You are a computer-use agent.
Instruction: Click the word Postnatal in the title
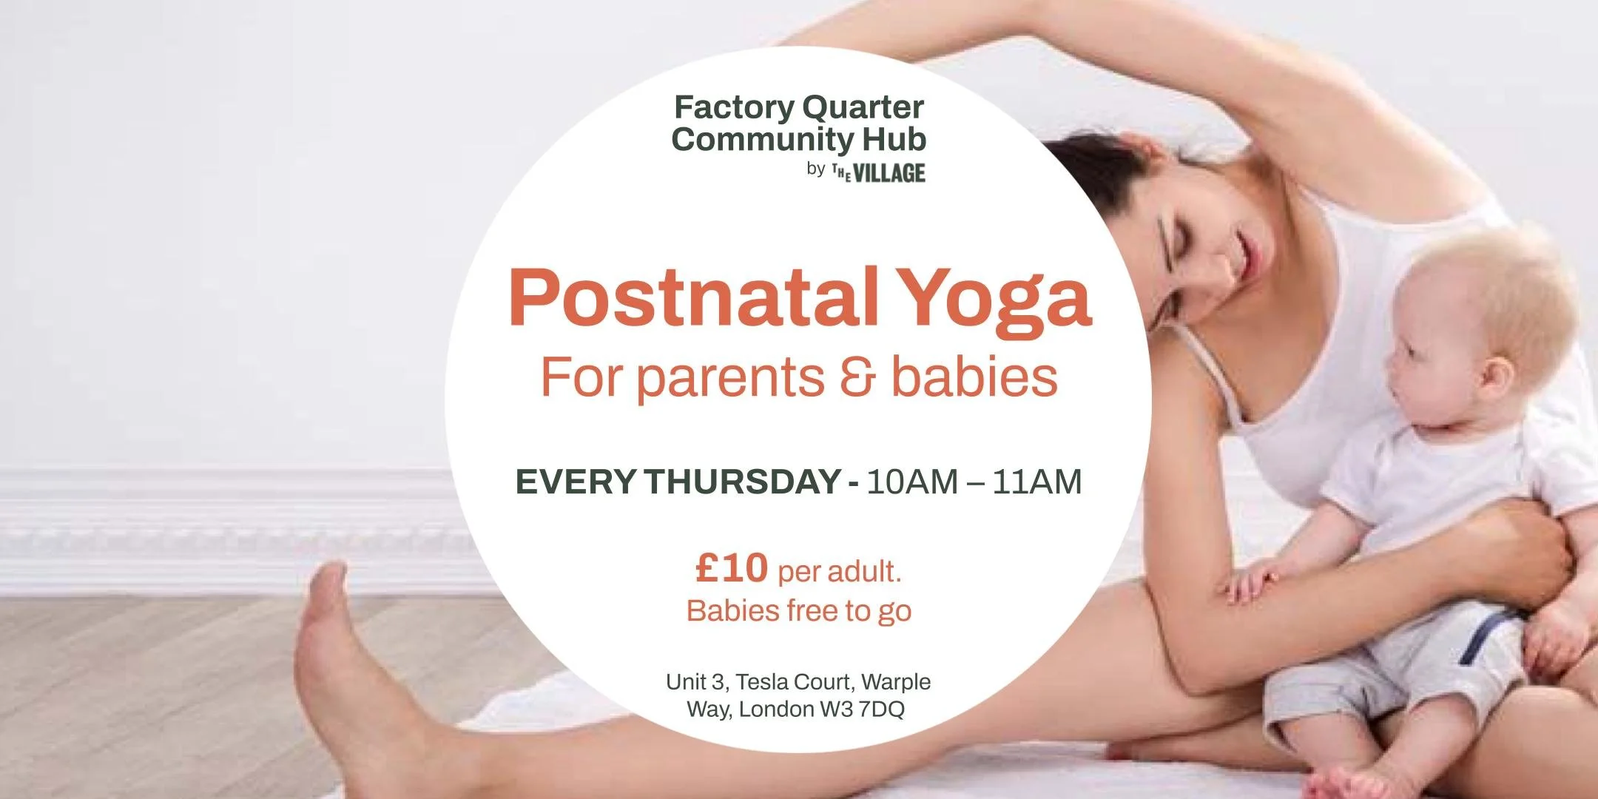point(692,297)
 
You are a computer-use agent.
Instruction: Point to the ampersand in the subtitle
point(857,377)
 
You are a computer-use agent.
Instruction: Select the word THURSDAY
point(742,482)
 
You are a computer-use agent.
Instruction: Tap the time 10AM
point(911,482)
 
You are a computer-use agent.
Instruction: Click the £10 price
point(732,568)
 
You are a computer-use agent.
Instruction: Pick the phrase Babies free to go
point(798,611)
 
